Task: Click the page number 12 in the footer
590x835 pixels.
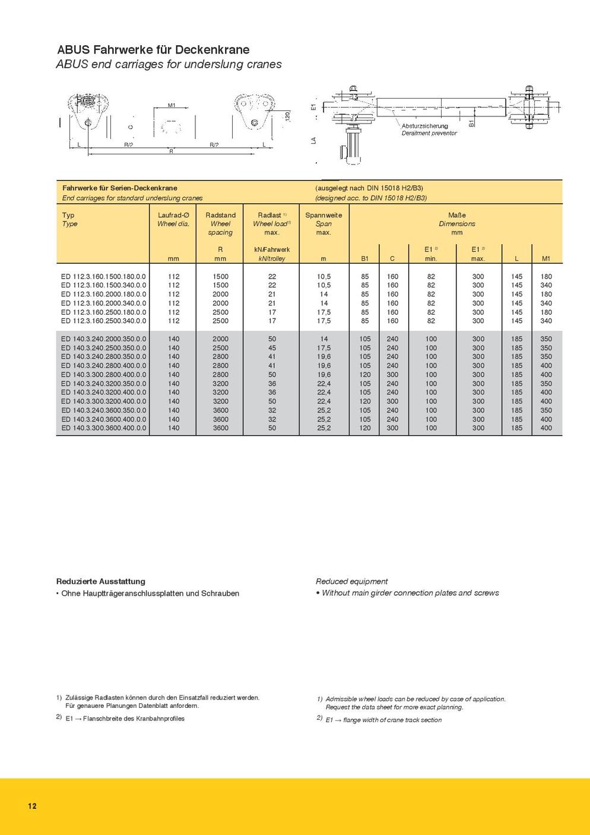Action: click(32, 806)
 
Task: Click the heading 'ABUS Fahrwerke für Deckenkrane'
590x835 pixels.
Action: click(153, 50)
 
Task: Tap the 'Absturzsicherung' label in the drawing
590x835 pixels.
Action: click(425, 126)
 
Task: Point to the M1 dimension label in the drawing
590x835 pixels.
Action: click(172, 105)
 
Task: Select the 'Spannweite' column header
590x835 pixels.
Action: click(323, 215)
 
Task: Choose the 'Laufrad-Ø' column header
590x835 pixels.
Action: click(173, 215)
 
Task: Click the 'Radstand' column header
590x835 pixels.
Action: click(220, 215)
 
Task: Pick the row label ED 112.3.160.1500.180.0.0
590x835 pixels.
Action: click(103, 276)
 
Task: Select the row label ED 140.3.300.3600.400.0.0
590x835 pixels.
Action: click(103, 428)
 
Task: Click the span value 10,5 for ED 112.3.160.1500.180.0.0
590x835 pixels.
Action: click(323, 276)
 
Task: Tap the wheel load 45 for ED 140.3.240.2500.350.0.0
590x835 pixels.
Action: click(272, 347)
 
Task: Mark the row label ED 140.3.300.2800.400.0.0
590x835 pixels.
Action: click(103, 374)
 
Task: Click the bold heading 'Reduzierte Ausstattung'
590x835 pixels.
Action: click(101, 581)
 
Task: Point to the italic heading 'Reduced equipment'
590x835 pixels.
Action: click(351, 581)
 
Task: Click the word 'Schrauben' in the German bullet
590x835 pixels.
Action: click(220, 593)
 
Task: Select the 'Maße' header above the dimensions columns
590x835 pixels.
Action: click(456, 215)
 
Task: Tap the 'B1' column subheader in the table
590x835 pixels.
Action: click(365, 258)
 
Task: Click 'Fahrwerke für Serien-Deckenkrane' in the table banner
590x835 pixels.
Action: click(119, 188)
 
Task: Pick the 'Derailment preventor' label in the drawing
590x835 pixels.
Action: click(429, 133)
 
